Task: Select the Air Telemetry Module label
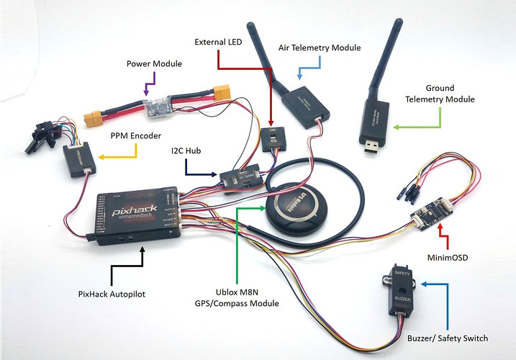point(320,48)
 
